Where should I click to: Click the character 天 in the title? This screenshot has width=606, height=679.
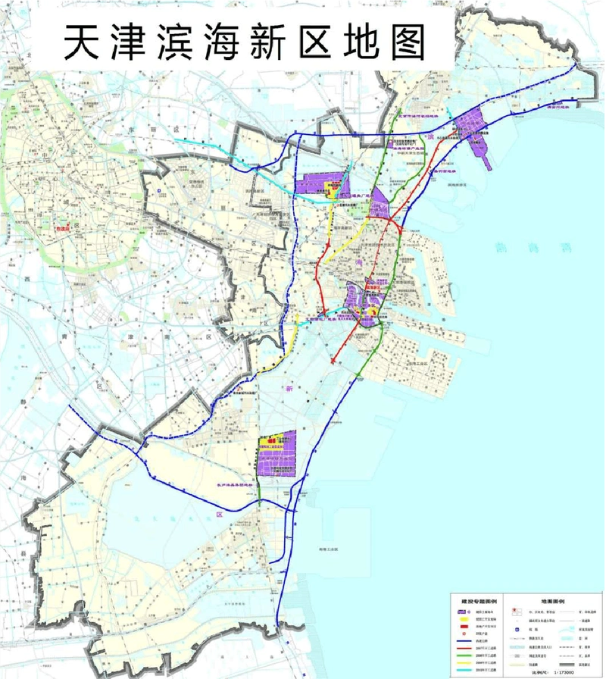[x=82, y=40]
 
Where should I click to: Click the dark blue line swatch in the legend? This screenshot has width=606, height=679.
[x=464, y=640]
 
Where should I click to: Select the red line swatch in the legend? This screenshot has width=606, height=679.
[x=464, y=647]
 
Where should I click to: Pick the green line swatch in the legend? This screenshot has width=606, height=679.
[x=464, y=655]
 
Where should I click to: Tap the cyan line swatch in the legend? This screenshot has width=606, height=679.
[x=464, y=670]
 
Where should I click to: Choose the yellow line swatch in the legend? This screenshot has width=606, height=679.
[x=464, y=662]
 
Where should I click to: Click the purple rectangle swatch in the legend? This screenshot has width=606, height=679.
[x=461, y=611]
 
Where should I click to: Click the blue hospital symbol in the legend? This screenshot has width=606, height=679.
[x=517, y=629]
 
